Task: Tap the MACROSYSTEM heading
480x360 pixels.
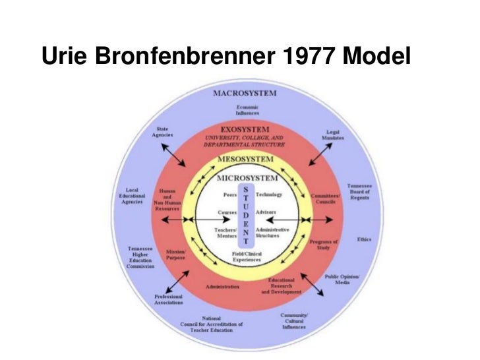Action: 244,93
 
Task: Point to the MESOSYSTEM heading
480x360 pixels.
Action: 244,161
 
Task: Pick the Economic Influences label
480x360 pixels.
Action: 248,109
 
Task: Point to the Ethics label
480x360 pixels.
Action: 363,239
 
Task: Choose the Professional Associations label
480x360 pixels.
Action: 168,299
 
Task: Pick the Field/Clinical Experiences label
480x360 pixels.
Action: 245,256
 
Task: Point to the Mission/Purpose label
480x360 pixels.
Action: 175,255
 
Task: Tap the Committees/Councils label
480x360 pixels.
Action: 326,197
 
